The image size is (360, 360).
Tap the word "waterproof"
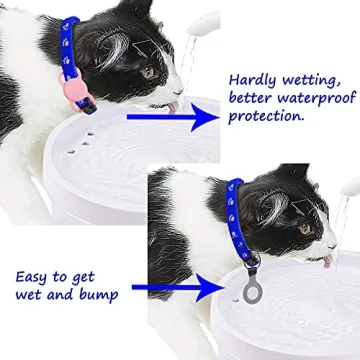click(x=316, y=98)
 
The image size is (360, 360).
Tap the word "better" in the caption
click(x=254, y=98)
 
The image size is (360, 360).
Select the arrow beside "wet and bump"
click(x=170, y=290)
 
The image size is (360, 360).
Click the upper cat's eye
click(x=148, y=72)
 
